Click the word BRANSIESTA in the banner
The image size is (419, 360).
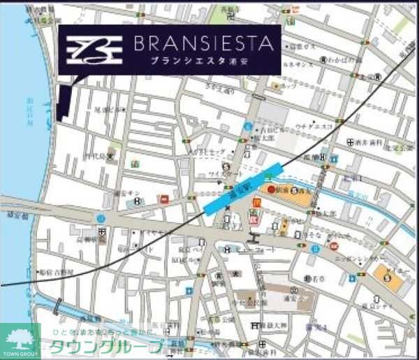point(202,45)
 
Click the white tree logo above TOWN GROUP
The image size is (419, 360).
point(20,336)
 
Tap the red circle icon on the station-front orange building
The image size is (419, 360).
point(271,189)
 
